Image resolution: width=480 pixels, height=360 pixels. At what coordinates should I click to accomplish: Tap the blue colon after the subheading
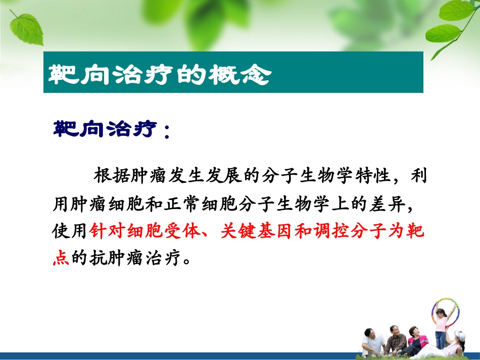(167, 131)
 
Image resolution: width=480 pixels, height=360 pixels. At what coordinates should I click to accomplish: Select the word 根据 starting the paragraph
(112, 176)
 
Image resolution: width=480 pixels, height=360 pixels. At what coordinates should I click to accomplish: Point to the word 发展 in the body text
(224, 176)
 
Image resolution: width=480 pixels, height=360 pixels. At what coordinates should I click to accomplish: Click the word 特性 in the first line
(373, 176)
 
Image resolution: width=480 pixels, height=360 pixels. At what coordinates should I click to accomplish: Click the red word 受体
(183, 231)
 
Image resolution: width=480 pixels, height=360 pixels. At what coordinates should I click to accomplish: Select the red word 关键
(238, 231)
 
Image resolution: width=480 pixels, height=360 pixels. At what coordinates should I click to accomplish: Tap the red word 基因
(276, 231)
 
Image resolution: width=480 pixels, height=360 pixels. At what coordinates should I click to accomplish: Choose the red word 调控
(332, 231)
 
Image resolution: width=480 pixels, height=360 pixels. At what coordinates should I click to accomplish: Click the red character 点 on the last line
(61, 258)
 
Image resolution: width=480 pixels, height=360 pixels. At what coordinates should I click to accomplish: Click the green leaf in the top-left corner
(26, 29)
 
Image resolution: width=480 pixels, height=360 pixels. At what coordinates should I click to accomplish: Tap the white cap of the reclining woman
(460, 335)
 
